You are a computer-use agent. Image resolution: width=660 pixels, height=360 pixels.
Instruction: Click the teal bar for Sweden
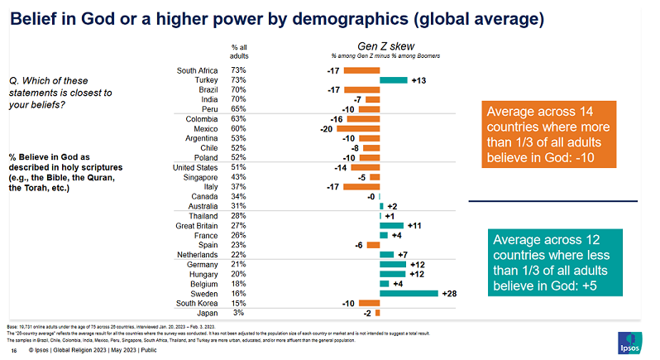[x=409, y=293]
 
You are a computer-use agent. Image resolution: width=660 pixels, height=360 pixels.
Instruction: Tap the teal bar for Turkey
[x=394, y=80]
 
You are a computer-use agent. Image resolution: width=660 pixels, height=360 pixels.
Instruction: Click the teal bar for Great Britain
[x=391, y=225]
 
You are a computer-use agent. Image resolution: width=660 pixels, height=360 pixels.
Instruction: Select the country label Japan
[x=207, y=313]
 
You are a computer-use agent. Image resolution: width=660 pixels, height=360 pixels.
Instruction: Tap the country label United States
[x=196, y=168]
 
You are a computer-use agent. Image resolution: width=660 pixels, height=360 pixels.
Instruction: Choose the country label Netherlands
[x=198, y=254]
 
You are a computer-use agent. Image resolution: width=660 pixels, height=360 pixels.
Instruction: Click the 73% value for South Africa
[x=239, y=70]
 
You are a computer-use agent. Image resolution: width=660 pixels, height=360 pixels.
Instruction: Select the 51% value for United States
[x=239, y=168]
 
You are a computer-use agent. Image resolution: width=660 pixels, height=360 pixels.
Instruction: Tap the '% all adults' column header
[x=239, y=51]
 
